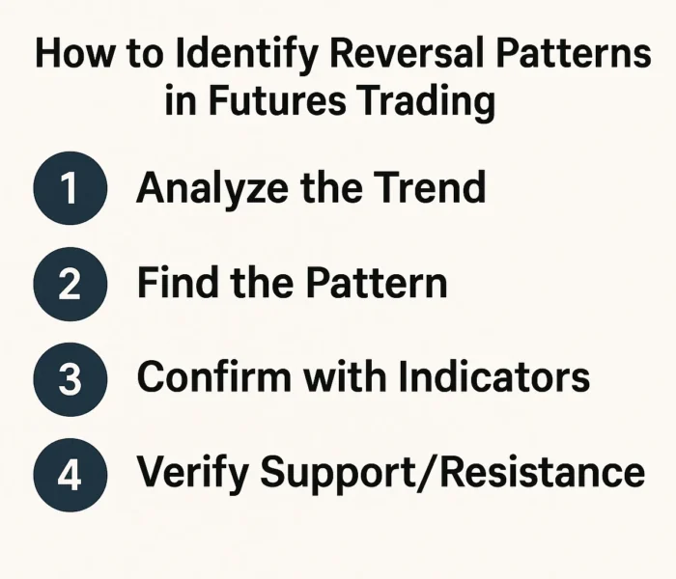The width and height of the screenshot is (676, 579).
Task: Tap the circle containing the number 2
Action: [x=70, y=283]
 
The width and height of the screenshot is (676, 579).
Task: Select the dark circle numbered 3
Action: [x=70, y=377]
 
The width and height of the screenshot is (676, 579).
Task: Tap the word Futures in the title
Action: [x=280, y=100]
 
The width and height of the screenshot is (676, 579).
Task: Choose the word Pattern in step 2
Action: [x=376, y=283]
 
